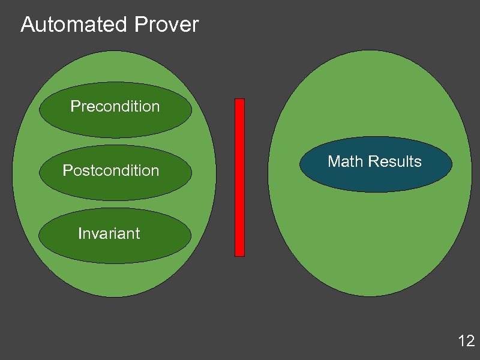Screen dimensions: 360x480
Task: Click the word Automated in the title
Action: point(74,25)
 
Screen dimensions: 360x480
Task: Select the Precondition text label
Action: point(115,107)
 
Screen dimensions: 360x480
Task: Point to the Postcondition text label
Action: point(111,171)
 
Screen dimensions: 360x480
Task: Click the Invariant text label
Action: point(109,233)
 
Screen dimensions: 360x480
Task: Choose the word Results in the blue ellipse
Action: point(395,161)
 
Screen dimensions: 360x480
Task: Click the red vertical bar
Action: point(239,177)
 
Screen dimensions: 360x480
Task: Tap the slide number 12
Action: point(466,341)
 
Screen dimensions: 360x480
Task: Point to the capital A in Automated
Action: point(27,25)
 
